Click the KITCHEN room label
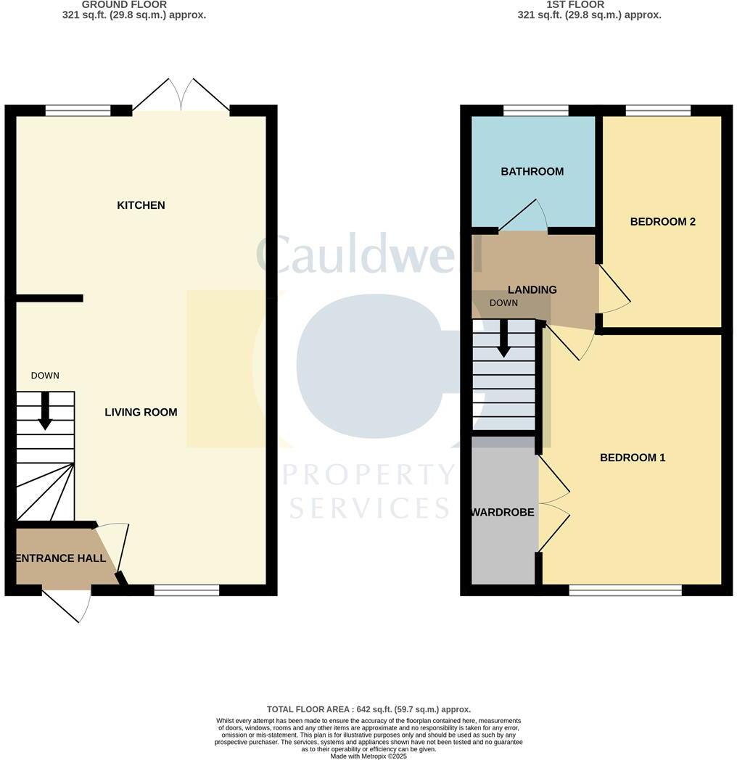[x=141, y=205]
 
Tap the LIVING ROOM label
[x=141, y=413]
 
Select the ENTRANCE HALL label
[x=61, y=558]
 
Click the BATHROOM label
[x=532, y=172]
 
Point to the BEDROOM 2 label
[x=662, y=222]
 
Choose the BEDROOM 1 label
[x=633, y=458]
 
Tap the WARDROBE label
[x=503, y=513]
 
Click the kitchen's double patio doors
[x=182, y=96]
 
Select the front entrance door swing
[x=69, y=604]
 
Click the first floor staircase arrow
[x=503, y=339]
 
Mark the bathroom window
[x=535, y=111]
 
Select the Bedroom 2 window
[x=657, y=111]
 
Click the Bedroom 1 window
[x=625, y=590]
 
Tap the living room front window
[x=186, y=590]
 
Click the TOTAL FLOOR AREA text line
[x=368, y=709]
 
